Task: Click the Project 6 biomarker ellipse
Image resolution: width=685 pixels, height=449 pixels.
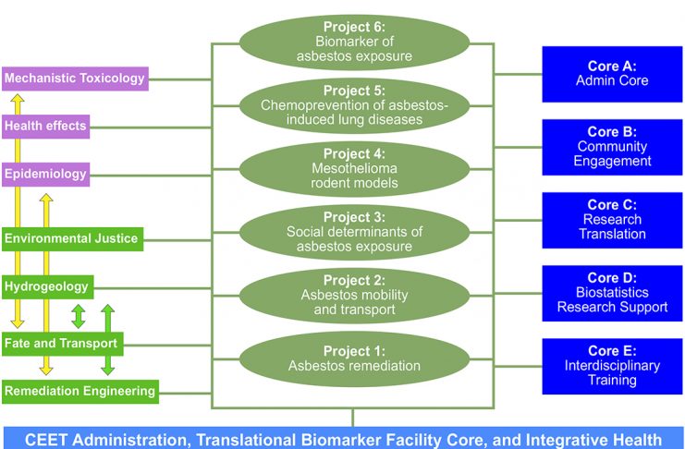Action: [354, 42]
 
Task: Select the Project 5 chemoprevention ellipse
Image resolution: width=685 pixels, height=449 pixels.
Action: [354, 105]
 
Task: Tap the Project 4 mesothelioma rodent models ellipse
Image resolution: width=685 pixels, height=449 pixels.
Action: [354, 169]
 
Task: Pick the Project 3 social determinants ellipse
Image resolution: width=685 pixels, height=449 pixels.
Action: [354, 233]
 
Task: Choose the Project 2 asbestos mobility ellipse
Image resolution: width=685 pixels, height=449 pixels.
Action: [354, 296]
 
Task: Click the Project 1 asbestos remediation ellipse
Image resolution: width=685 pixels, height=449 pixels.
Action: [354, 359]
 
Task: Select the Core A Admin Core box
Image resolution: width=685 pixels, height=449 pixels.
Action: [612, 74]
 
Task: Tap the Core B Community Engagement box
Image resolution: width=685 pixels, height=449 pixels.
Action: [612, 147]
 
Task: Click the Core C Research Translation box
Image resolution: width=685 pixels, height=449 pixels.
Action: [612, 220]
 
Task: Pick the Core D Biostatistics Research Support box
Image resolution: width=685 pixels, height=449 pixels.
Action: [612, 293]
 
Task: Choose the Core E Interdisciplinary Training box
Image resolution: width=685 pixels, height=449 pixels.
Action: [612, 366]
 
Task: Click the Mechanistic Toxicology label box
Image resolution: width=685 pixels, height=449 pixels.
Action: [75, 79]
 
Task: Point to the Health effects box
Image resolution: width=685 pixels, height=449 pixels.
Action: [46, 127]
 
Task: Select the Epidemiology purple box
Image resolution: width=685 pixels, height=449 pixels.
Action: [46, 175]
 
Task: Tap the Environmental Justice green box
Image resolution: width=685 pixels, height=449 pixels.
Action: [72, 239]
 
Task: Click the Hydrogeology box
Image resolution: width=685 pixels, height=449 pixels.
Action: [48, 287]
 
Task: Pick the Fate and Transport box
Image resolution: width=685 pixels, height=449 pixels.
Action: [63, 344]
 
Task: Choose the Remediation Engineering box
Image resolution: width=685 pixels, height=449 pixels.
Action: [80, 392]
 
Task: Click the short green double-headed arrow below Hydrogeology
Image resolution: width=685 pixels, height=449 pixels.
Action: [79, 316]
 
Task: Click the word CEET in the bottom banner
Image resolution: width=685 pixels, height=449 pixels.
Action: [43, 440]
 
